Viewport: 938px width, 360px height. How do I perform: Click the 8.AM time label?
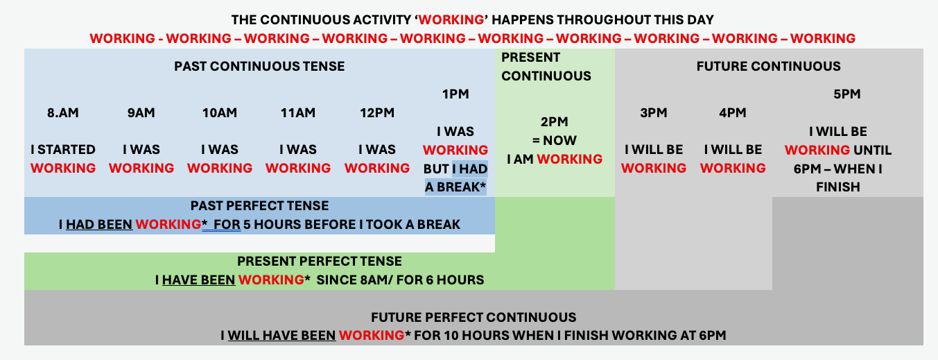[x=63, y=113]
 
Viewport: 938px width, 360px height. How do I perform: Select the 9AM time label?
[x=141, y=113]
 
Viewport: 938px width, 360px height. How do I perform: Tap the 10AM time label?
[x=220, y=113]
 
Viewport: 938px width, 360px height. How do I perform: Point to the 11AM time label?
[x=297, y=113]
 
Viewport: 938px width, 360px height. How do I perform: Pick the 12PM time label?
[x=377, y=113]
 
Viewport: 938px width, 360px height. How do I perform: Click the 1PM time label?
[x=455, y=94]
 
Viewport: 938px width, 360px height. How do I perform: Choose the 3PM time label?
[x=653, y=113]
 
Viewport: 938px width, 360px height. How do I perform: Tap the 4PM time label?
[x=732, y=113]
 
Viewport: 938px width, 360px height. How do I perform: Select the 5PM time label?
[x=846, y=94]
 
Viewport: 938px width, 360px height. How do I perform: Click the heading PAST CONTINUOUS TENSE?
[x=259, y=66]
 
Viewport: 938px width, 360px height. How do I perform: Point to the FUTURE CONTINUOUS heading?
[x=768, y=66]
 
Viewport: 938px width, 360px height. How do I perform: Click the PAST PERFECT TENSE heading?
[x=259, y=206]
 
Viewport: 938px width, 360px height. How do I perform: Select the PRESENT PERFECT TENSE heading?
[x=320, y=261]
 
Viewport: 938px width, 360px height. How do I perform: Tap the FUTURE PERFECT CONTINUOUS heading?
[x=474, y=317]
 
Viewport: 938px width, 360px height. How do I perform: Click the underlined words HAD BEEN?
[x=99, y=225]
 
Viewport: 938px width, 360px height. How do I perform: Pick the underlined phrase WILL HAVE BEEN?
[x=282, y=335]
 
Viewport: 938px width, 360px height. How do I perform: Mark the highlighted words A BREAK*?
[x=455, y=187]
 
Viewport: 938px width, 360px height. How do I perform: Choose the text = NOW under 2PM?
[x=555, y=140]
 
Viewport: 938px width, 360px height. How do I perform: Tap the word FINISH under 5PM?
[x=838, y=187]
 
